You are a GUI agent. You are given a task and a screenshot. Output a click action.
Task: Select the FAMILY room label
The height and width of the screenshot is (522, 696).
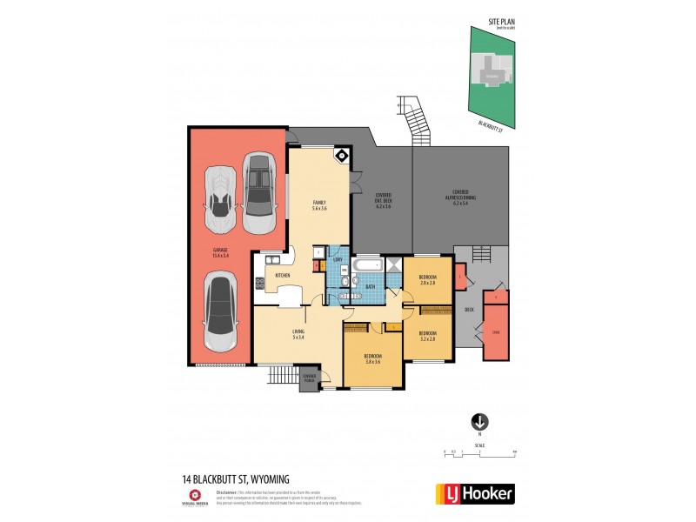[319, 205]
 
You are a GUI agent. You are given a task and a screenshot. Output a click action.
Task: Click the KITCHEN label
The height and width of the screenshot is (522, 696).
[283, 276]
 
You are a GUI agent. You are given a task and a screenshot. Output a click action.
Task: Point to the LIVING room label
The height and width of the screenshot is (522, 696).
[298, 334]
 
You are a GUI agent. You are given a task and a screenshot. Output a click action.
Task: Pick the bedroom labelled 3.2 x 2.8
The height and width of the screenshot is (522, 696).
[427, 336]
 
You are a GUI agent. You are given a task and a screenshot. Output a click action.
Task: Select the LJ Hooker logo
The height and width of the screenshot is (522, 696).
[474, 492]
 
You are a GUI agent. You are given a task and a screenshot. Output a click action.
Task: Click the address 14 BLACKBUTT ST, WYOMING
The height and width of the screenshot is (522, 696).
[235, 478]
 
